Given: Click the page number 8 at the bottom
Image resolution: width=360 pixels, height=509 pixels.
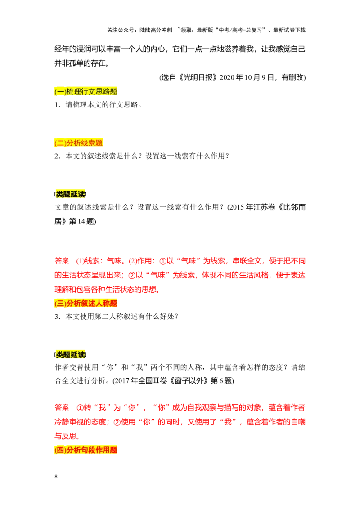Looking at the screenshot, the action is click(56, 476).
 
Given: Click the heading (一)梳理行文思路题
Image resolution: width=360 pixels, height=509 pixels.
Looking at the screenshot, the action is click(86, 92).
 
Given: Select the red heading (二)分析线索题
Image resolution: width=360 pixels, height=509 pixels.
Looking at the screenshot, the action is click(79, 143).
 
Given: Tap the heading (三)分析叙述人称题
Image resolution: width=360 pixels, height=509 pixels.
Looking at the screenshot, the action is click(86, 303).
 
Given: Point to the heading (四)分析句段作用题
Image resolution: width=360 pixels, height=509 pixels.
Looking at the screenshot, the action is click(86, 450).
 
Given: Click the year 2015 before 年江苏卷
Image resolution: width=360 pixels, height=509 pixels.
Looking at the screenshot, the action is click(237, 207).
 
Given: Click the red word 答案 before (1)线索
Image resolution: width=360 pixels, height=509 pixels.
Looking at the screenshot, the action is click(62, 261).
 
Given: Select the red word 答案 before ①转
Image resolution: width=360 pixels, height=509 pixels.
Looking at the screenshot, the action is click(62, 407).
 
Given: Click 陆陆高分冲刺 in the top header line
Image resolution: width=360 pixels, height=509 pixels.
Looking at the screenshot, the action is click(156, 30).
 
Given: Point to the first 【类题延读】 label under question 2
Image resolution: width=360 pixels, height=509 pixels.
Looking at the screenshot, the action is click(71, 194).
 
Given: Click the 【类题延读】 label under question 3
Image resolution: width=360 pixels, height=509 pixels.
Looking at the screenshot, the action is click(71, 354).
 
